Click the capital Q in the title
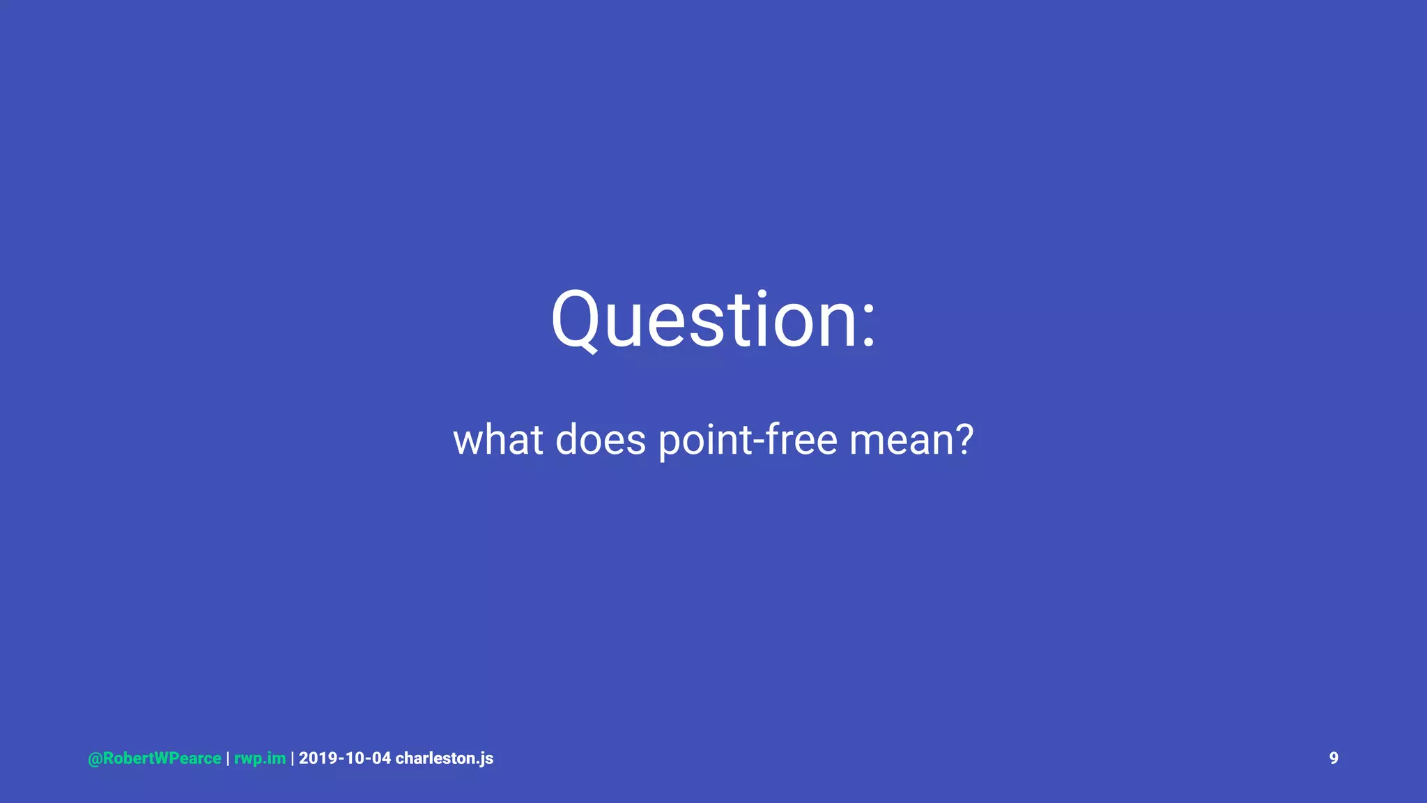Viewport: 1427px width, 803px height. point(576,319)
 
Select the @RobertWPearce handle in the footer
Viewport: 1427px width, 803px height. point(155,758)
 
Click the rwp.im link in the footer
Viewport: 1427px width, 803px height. point(260,758)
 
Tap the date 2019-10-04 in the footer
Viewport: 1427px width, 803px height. point(345,758)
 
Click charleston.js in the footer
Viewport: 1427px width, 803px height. point(445,758)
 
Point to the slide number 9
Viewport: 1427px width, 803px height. point(1334,758)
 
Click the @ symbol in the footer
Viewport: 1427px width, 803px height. point(95,759)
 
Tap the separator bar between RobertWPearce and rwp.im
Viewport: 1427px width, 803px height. point(228,758)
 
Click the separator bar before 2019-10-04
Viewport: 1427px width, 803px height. point(293,758)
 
